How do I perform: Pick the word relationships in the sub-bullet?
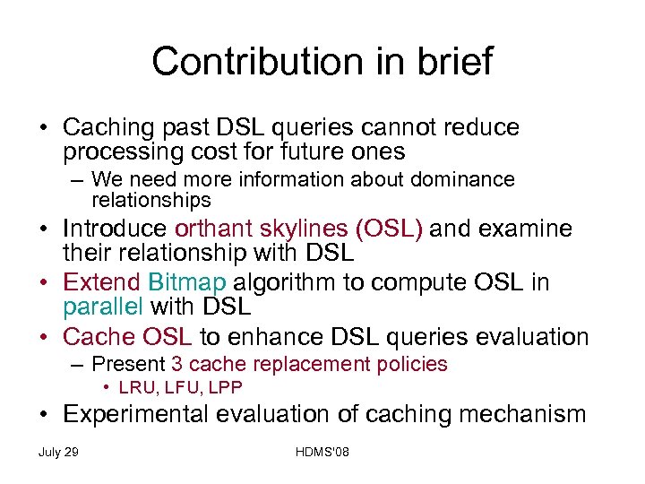point(151,199)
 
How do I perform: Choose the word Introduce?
point(115,229)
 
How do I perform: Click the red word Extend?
point(101,282)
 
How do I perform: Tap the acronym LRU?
point(135,387)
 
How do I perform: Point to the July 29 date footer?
point(58,452)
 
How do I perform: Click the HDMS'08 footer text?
point(322,452)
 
